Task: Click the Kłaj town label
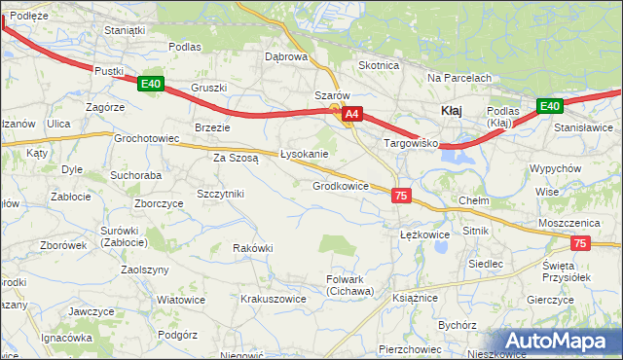pyautogui.click(x=451, y=111)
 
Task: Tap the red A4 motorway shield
pyautogui.click(x=353, y=114)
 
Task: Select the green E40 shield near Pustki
pyautogui.click(x=150, y=85)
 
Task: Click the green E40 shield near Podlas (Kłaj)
pyautogui.click(x=550, y=106)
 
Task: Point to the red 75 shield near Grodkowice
pyautogui.click(x=401, y=196)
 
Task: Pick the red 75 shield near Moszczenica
pyautogui.click(x=580, y=244)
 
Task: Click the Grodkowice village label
pyautogui.click(x=340, y=186)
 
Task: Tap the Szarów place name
pyautogui.click(x=331, y=95)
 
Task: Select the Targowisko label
pyautogui.click(x=412, y=143)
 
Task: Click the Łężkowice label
pyautogui.click(x=424, y=234)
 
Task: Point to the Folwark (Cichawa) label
pyautogui.click(x=349, y=285)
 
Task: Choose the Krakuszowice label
pyautogui.click(x=274, y=300)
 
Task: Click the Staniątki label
pyautogui.click(x=125, y=30)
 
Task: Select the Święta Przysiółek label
pyautogui.click(x=567, y=270)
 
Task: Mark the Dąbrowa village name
pyautogui.click(x=286, y=56)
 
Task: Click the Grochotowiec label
pyautogui.click(x=147, y=138)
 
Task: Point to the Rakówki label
pyautogui.click(x=252, y=248)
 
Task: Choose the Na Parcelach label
pyautogui.click(x=458, y=78)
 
